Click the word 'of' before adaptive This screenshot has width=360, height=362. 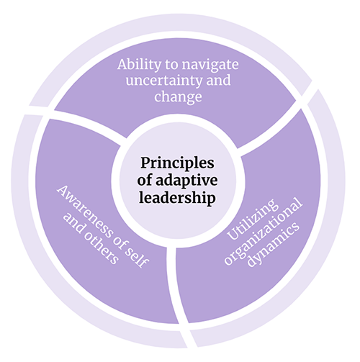(x=146, y=180)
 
